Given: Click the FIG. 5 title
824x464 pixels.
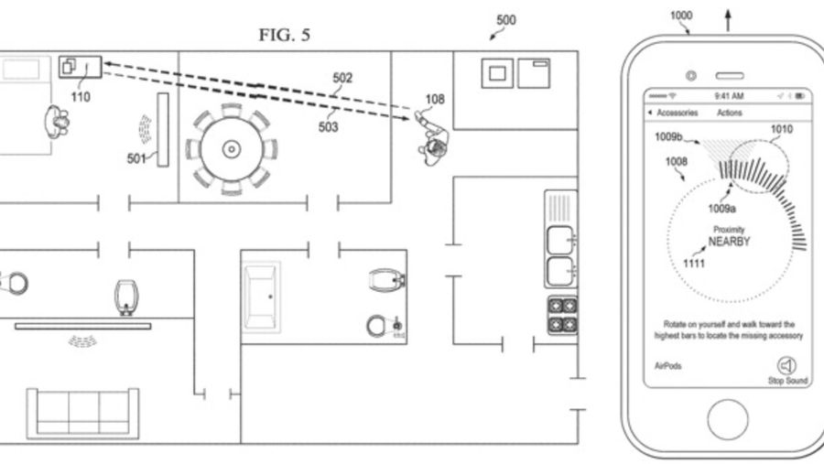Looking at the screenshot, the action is tap(285, 35).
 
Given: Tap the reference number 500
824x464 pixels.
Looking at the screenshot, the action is tap(506, 20).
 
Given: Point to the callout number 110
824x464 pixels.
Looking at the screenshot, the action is tap(81, 97).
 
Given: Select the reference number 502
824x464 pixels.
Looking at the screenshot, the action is tap(342, 78).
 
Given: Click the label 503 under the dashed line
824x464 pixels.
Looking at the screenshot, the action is tap(328, 127).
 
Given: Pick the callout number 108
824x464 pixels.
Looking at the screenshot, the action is tap(435, 100).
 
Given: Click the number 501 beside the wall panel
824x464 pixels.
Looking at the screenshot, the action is tap(136, 158).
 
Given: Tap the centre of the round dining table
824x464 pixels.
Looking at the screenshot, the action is tap(232, 149).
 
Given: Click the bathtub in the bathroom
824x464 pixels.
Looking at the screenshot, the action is tap(261, 297).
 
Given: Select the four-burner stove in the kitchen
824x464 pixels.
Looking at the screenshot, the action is tap(562, 316).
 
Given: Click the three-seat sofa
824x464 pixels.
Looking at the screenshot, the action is tap(83, 414).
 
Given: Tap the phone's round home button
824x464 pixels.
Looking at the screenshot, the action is tap(728, 420).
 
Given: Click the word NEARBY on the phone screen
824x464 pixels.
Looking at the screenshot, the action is tap(729, 242).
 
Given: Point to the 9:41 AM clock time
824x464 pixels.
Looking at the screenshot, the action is tap(729, 96).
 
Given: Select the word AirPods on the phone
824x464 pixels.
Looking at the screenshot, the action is tap(668, 366).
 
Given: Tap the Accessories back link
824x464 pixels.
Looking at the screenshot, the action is tap(673, 113).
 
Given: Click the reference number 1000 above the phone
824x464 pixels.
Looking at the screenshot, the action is tap(681, 16).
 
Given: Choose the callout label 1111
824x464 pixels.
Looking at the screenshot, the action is tap(693, 264).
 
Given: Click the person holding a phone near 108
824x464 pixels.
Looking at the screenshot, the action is tap(432, 139).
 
